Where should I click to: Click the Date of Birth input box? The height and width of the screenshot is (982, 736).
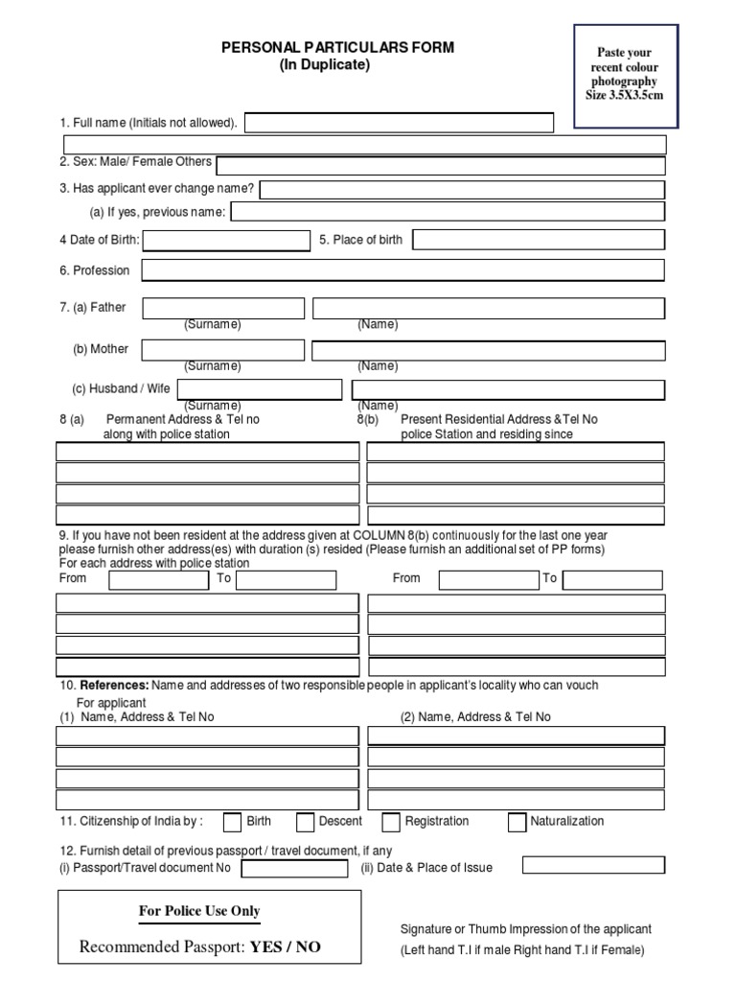[225, 240]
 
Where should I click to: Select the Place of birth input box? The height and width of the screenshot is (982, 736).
[539, 240]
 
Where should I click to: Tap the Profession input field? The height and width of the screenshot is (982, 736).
[402, 270]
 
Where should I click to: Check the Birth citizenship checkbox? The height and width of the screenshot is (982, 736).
[232, 822]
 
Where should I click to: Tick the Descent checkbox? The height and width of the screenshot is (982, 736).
[306, 822]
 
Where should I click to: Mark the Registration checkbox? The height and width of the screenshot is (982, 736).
[391, 822]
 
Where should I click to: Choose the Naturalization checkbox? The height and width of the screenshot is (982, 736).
[517, 822]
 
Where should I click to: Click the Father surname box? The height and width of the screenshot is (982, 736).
[223, 308]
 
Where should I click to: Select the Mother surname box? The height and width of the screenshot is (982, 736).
[223, 350]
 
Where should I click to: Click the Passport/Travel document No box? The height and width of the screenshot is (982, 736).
[295, 869]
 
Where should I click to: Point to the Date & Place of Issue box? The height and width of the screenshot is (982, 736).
[593, 865]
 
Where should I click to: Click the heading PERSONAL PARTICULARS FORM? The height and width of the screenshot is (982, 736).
[338, 48]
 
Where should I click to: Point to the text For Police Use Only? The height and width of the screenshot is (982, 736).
[199, 911]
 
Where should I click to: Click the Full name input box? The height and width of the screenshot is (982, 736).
[400, 123]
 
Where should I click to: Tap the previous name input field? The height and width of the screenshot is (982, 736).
[448, 212]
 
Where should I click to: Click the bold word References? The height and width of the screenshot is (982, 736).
[114, 686]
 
